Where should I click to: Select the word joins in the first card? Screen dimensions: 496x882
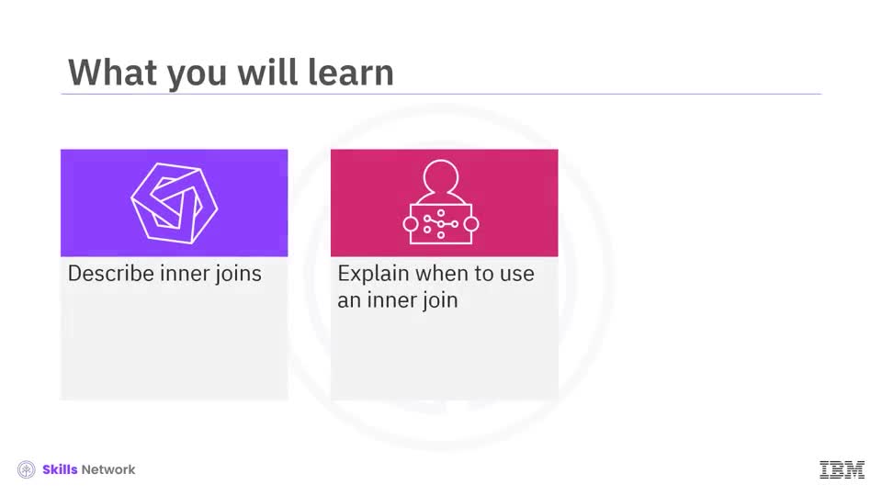[238, 274]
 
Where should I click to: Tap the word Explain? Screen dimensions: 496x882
[373, 274]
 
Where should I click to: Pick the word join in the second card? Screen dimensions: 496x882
[437, 300]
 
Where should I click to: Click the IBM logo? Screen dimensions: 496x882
[842, 469]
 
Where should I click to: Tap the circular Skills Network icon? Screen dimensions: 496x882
[27, 469]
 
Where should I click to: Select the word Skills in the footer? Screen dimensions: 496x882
[60, 469]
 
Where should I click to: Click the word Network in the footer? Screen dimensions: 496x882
[108, 469]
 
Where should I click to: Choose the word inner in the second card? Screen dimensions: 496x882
[387, 300]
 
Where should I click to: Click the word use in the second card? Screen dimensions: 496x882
[516, 274]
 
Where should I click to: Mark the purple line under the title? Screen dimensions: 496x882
[441, 94]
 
